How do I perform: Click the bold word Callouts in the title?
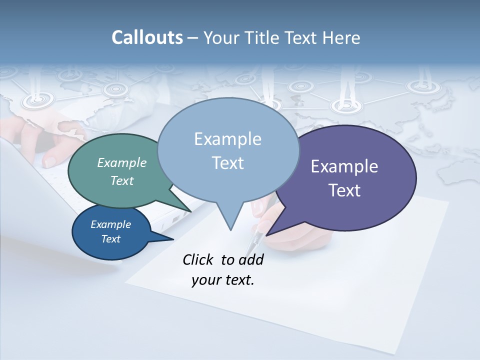(x=147, y=37)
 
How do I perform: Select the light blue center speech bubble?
(x=227, y=120)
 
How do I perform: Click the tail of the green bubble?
(x=187, y=210)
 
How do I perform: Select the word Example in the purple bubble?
(x=344, y=166)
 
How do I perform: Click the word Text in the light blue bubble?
(x=228, y=163)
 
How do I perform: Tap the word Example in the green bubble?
(x=122, y=162)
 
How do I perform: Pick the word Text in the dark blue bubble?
(x=111, y=239)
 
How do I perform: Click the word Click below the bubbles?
(x=199, y=259)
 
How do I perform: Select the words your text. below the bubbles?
(x=223, y=280)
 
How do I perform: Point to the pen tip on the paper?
(x=249, y=253)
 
